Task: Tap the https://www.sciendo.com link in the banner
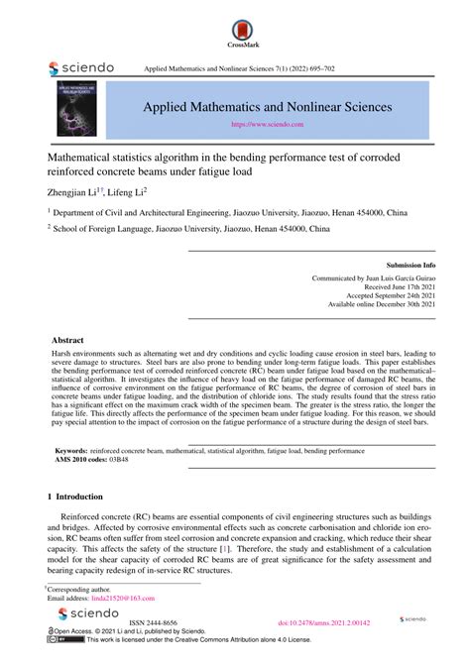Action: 267,125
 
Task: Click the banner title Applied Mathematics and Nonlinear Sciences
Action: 268,106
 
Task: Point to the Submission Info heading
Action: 411,267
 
